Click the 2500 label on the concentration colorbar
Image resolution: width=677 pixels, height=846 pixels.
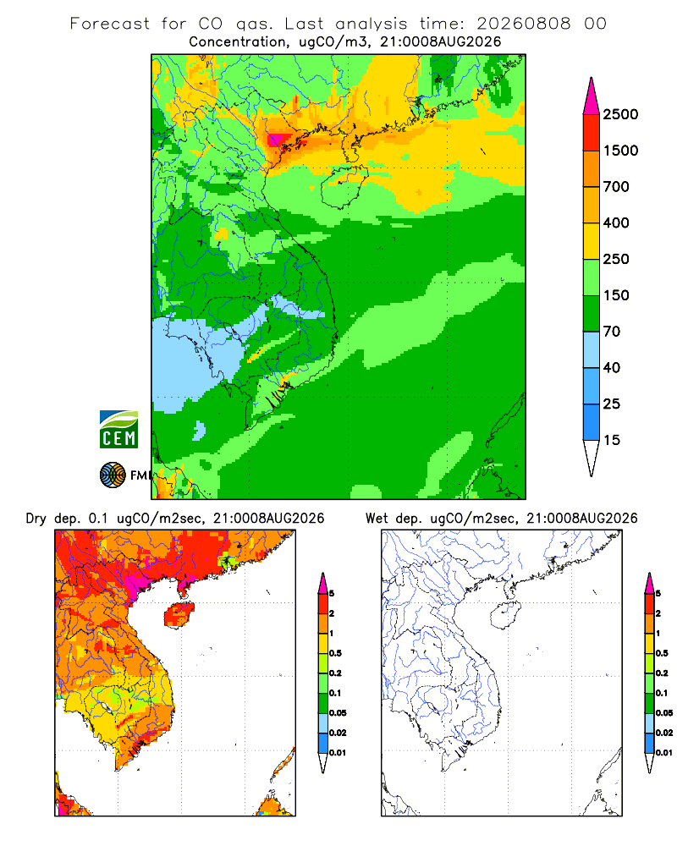(x=620, y=114)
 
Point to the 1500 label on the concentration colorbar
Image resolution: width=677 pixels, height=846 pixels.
(x=620, y=151)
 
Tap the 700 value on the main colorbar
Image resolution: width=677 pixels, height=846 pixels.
(x=616, y=187)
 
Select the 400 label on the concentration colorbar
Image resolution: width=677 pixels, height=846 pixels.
(x=616, y=222)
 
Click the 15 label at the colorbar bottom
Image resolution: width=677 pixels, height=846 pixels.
(x=612, y=440)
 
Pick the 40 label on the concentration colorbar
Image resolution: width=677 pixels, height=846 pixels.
(x=612, y=367)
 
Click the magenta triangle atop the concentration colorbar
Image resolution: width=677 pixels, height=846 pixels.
(x=592, y=97)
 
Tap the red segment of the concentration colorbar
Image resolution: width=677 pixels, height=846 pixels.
(x=592, y=133)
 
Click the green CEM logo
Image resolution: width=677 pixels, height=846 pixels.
(x=118, y=430)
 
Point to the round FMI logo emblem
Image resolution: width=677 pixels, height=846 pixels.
(x=113, y=475)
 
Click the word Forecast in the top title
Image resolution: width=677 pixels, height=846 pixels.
(x=110, y=24)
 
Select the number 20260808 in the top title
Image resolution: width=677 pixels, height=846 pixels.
(x=523, y=24)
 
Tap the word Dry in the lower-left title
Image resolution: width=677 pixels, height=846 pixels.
(x=36, y=519)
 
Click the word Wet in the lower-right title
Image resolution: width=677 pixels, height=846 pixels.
(x=377, y=519)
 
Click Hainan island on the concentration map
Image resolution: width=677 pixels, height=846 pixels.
(x=344, y=187)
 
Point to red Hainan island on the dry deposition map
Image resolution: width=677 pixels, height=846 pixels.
(x=179, y=614)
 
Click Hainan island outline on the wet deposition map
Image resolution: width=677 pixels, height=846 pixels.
(x=505, y=614)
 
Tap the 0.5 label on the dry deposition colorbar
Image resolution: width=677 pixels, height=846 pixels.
(x=335, y=653)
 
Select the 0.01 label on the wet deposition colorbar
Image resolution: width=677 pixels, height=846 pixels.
(x=664, y=753)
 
